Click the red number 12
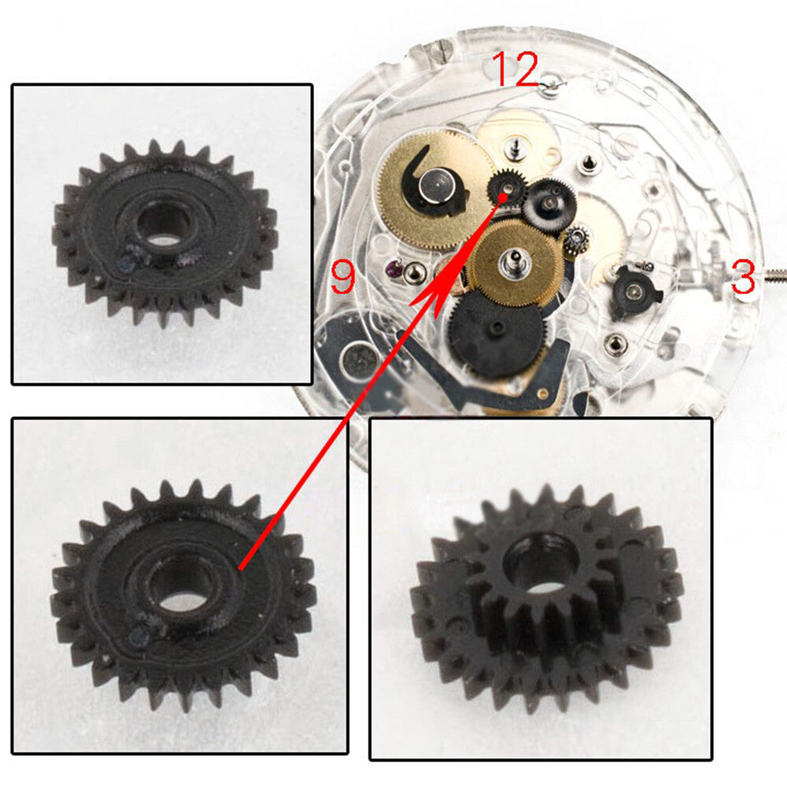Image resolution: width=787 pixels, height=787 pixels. pos(515,69)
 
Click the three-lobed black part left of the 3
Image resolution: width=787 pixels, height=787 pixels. pos(634,290)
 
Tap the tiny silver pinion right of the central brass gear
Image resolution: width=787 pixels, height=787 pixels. pos(577,235)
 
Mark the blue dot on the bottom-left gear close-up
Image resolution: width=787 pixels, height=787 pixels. pos(140,634)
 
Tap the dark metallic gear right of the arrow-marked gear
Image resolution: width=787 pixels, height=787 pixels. pos(548,200)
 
